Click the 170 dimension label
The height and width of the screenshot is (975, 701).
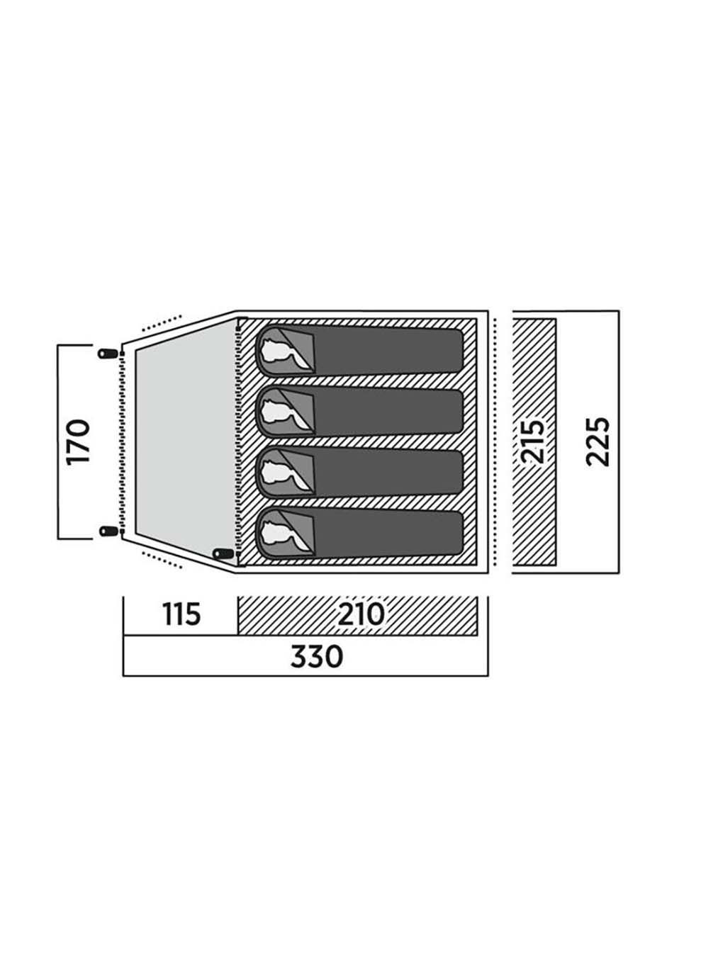pyautogui.click(x=79, y=442)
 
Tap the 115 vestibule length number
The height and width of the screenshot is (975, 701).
pyautogui.click(x=181, y=614)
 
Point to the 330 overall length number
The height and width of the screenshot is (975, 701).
pyautogui.click(x=316, y=657)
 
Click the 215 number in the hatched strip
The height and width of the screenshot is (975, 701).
pyautogui.click(x=534, y=442)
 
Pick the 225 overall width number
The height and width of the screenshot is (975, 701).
pyautogui.click(x=598, y=441)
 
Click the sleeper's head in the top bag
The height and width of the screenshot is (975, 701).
pyautogui.click(x=276, y=350)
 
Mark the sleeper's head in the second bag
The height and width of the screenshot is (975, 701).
pyautogui.click(x=276, y=411)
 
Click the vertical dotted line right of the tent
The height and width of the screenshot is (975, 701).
pyautogui.click(x=495, y=441)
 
